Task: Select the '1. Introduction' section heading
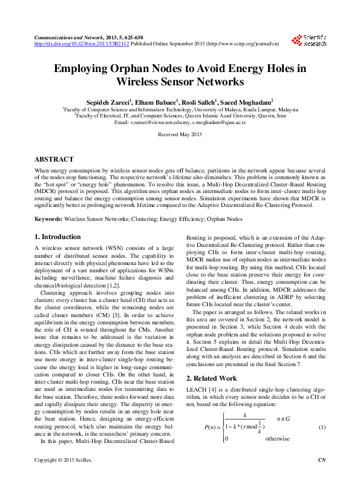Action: pyautogui.click(x=57, y=237)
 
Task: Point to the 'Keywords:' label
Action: pyautogui.click(x=48, y=218)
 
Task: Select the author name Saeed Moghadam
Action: pyautogui.click(x=247, y=101)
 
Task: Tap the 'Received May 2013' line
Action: pyautogui.click(x=179, y=134)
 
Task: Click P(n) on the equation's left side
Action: pyautogui.click(x=211, y=427)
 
